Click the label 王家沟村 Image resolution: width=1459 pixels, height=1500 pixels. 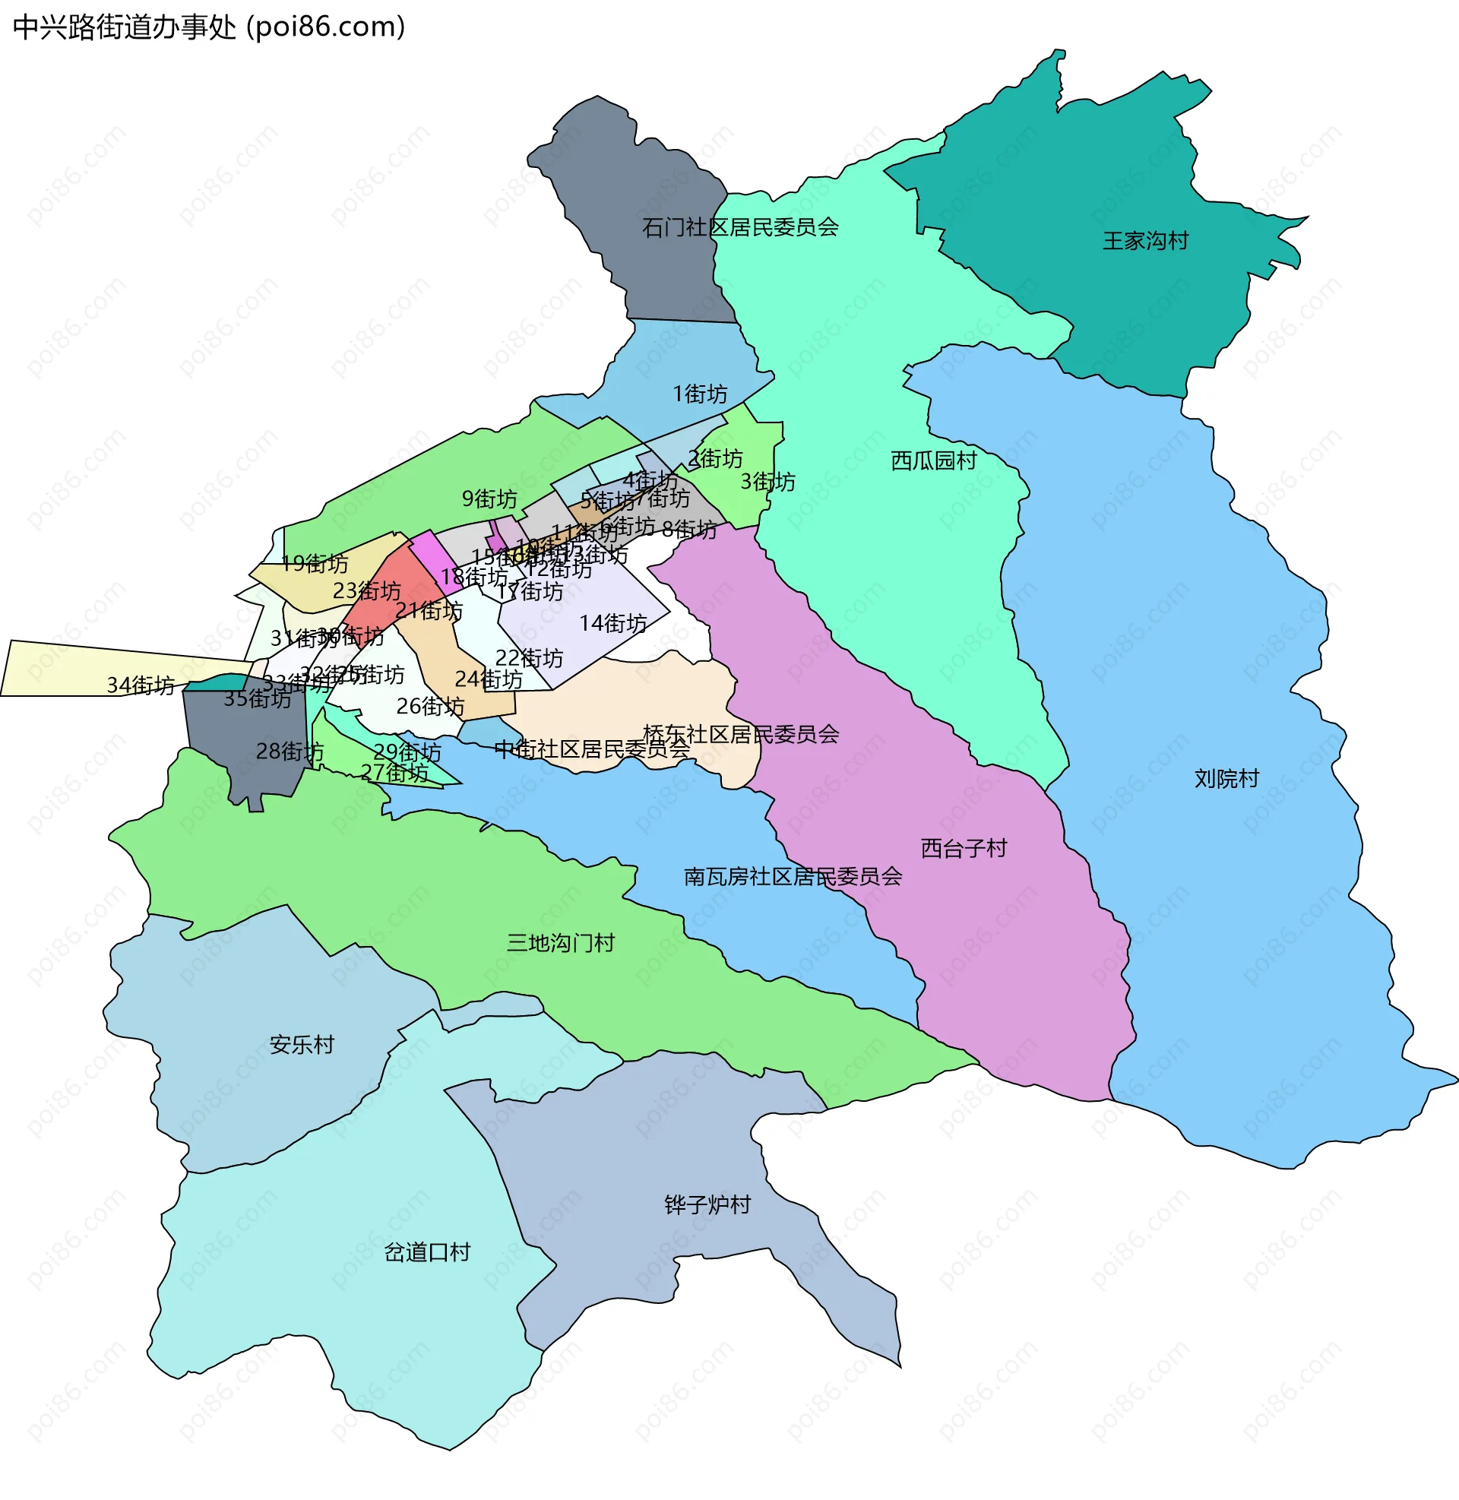coord(1145,242)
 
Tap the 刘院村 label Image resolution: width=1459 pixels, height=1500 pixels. coord(1226,779)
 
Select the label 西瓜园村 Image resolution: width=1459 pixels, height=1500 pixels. coord(932,461)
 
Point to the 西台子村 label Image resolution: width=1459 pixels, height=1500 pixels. coord(963,849)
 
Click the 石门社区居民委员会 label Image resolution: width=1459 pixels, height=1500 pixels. coord(739,227)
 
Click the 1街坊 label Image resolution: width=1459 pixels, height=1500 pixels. coord(699,394)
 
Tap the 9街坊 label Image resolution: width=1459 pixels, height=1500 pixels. coord(489,499)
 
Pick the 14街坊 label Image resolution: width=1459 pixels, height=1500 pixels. coord(612,624)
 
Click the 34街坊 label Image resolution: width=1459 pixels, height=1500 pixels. coord(141,685)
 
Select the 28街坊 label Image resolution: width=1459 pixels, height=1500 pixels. coord(289,752)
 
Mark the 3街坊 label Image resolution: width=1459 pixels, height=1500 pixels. coord(767,483)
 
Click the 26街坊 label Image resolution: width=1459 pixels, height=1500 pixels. coord(430,707)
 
